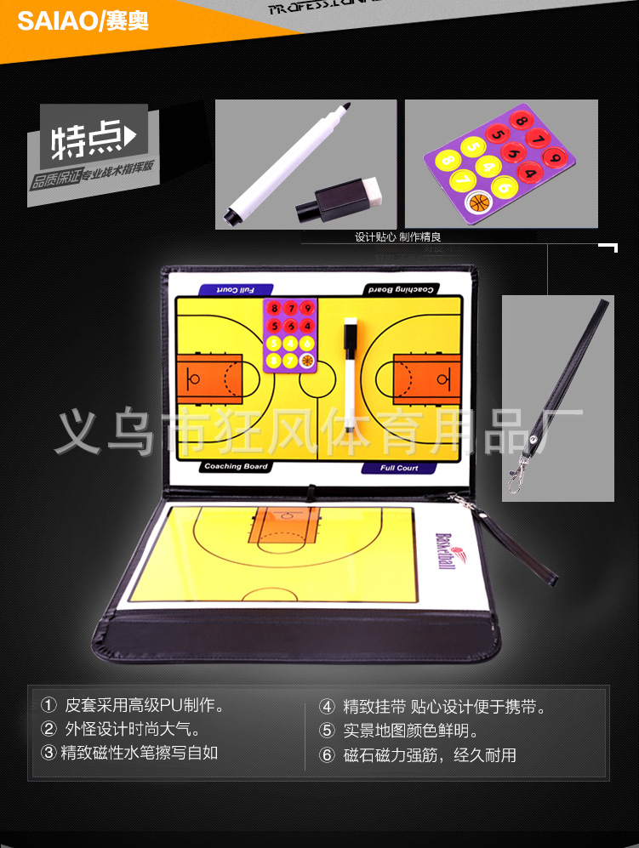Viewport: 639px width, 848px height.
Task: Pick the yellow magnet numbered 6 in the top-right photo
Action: click(505, 188)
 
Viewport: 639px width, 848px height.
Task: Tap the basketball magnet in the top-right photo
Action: click(480, 202)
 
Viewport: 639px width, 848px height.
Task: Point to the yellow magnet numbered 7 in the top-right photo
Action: click(462, 179)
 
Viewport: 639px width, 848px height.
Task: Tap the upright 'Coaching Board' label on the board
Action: click(236, 467)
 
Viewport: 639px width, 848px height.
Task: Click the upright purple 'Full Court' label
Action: click(399, 468)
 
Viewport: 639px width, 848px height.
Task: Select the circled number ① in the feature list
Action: click(48, 705)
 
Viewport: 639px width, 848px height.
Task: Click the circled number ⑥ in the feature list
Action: click(328, 755)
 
